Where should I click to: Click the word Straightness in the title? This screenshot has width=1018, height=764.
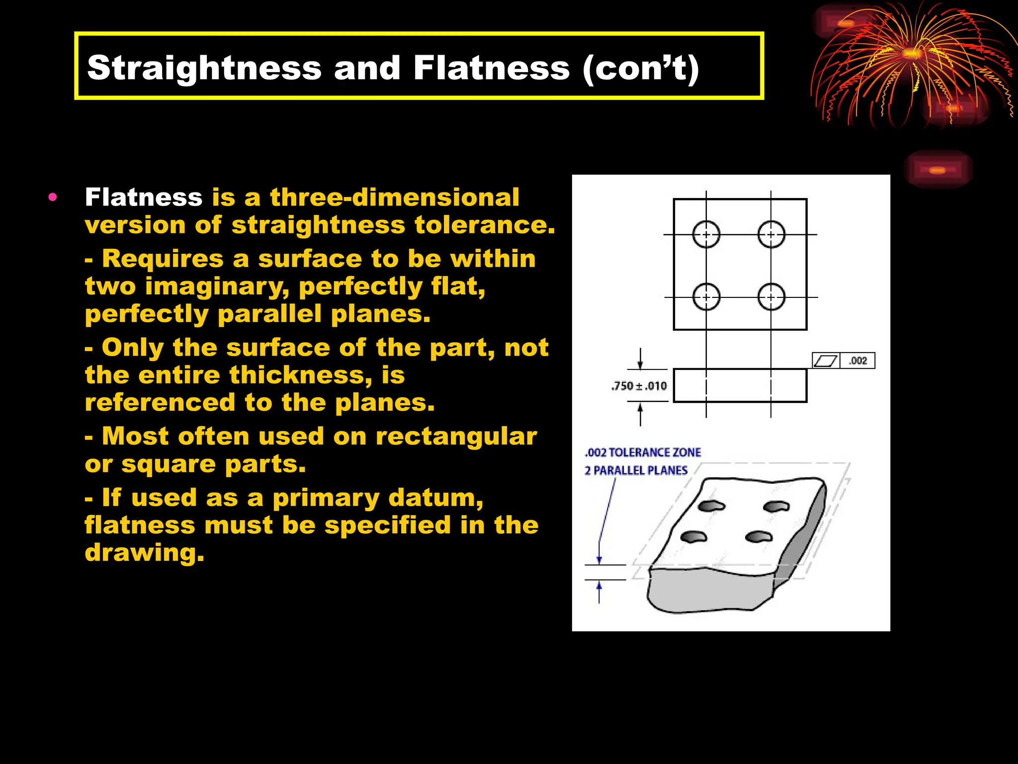pos(204,68)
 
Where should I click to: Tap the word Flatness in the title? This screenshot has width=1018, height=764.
pos(491,68)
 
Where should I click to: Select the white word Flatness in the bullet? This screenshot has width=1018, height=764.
pos(144,197)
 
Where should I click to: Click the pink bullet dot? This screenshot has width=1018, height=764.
pos(53,197)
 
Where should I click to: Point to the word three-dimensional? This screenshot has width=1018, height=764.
pos(395,197)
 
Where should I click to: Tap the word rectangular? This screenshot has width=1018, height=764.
pos(456,437)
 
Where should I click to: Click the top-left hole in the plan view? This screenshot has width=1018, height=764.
pos(706,234)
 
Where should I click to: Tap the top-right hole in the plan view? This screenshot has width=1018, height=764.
pos(771,234)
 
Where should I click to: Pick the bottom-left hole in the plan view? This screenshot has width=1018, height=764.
pos(706,297)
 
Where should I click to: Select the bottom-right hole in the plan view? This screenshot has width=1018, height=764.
pos(771,297)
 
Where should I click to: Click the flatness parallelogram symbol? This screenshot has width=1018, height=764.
pos(826,361)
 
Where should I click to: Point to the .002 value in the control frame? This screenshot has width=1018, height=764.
pos(858,361)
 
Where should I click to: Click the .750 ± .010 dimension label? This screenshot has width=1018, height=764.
pos(639,386)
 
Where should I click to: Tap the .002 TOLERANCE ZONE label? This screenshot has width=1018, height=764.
pos(643,453)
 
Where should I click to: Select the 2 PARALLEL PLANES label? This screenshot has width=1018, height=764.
pos(636,471)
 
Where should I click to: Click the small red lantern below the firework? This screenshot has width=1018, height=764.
pos(937,170)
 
